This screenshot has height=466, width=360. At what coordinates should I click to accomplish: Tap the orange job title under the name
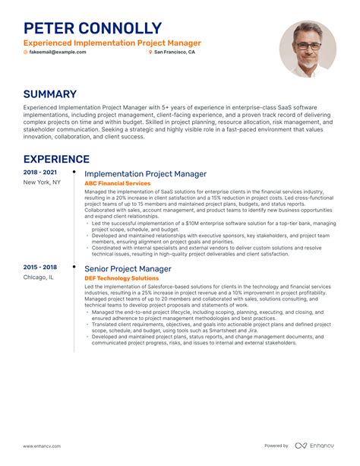click(112, 43)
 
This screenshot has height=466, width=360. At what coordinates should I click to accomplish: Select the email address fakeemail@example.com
click(57, 52)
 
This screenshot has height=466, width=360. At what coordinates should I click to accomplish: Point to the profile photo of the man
click(307, 48)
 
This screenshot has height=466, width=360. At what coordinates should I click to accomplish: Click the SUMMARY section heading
click(50, 94)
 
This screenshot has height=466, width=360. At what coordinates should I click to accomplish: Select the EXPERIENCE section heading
click(56, 159)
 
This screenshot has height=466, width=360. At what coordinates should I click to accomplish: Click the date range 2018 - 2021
click(39, 173)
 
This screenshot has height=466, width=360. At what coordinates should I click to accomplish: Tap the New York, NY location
click(42, 182)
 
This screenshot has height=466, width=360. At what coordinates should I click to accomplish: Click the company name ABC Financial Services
click(117, 184)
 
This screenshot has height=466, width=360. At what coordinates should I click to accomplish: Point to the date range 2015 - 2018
click(39, 268)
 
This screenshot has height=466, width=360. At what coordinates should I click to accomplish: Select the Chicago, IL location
click(38, 277)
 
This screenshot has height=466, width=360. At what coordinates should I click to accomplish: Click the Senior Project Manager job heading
click(128, 269)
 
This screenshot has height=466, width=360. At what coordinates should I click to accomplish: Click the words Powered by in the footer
click(276, 445)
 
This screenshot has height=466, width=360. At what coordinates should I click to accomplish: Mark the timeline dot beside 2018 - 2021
click(74, 173)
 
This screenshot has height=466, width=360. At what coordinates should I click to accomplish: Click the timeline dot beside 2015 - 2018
click(74, 268)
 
